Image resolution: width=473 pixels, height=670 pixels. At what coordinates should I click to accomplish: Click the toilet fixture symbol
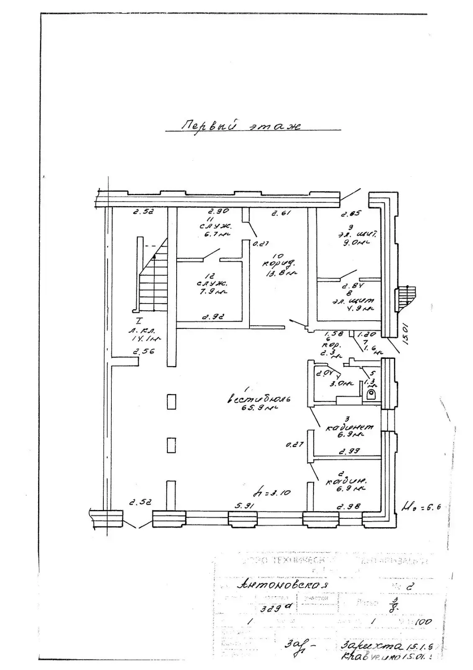click(x=370, y=394)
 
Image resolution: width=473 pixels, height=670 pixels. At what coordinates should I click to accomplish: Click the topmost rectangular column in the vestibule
click(x=171, y=402)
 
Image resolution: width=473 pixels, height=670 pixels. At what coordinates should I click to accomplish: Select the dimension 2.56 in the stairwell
click(x=144, y=351)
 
